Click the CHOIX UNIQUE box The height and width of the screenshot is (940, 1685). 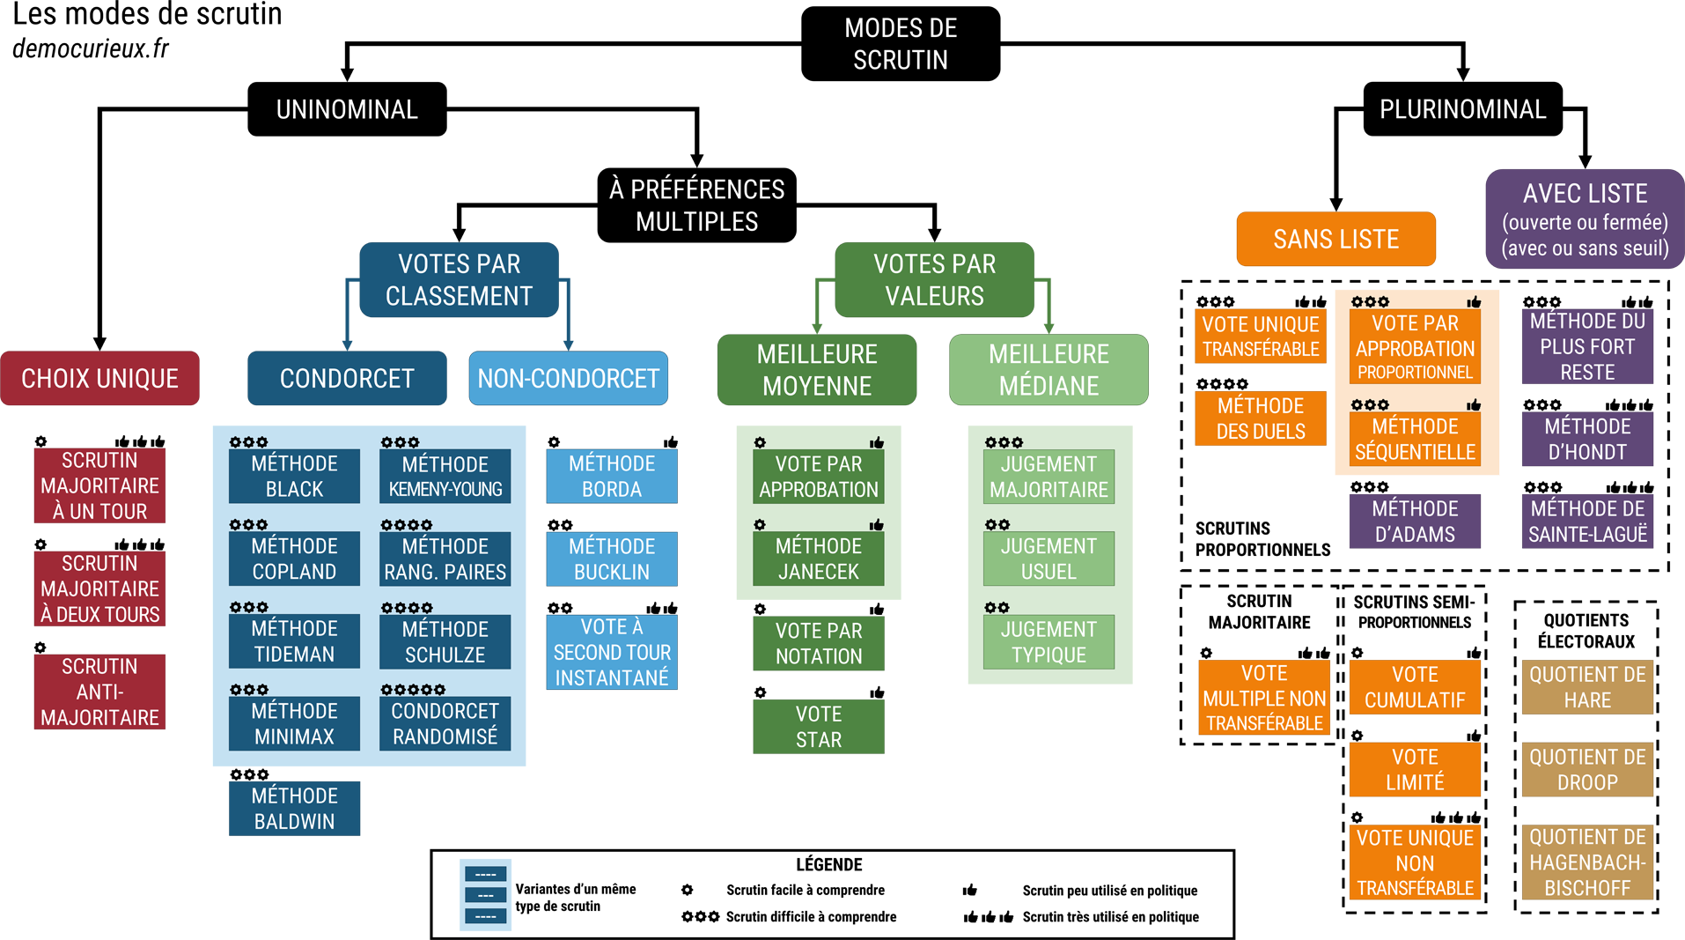point(99,379)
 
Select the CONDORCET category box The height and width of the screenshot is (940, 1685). point(347,379)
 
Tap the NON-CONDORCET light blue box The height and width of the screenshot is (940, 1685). point(568,379)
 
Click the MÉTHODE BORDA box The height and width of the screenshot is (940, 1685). point(611,476)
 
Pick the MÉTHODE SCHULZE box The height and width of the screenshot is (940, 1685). point(445,641)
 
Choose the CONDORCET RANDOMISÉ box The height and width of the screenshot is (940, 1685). point(445,723)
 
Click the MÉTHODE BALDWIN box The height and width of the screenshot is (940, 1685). point(294,808)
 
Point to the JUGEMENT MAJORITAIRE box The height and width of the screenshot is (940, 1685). point(1049,477)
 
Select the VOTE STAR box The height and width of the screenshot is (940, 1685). point(819,727)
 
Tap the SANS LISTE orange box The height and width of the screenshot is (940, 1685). point(1335,239)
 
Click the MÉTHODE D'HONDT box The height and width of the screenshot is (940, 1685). point(1587,439)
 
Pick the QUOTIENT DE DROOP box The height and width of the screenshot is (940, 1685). point(1587,769)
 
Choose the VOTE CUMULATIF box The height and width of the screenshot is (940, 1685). point(1415,687)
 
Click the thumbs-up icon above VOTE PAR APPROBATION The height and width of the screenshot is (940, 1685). point(877,442)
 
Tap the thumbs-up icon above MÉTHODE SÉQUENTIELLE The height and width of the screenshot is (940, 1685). point(1474,405)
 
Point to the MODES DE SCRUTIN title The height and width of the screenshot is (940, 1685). point(901,44)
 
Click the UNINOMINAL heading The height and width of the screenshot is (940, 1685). point(347,109)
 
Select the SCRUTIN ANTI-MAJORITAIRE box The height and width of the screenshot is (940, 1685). point(99,692)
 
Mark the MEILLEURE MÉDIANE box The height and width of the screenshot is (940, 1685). point(1049,370)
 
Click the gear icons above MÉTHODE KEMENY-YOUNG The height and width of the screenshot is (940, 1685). point(400,442)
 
